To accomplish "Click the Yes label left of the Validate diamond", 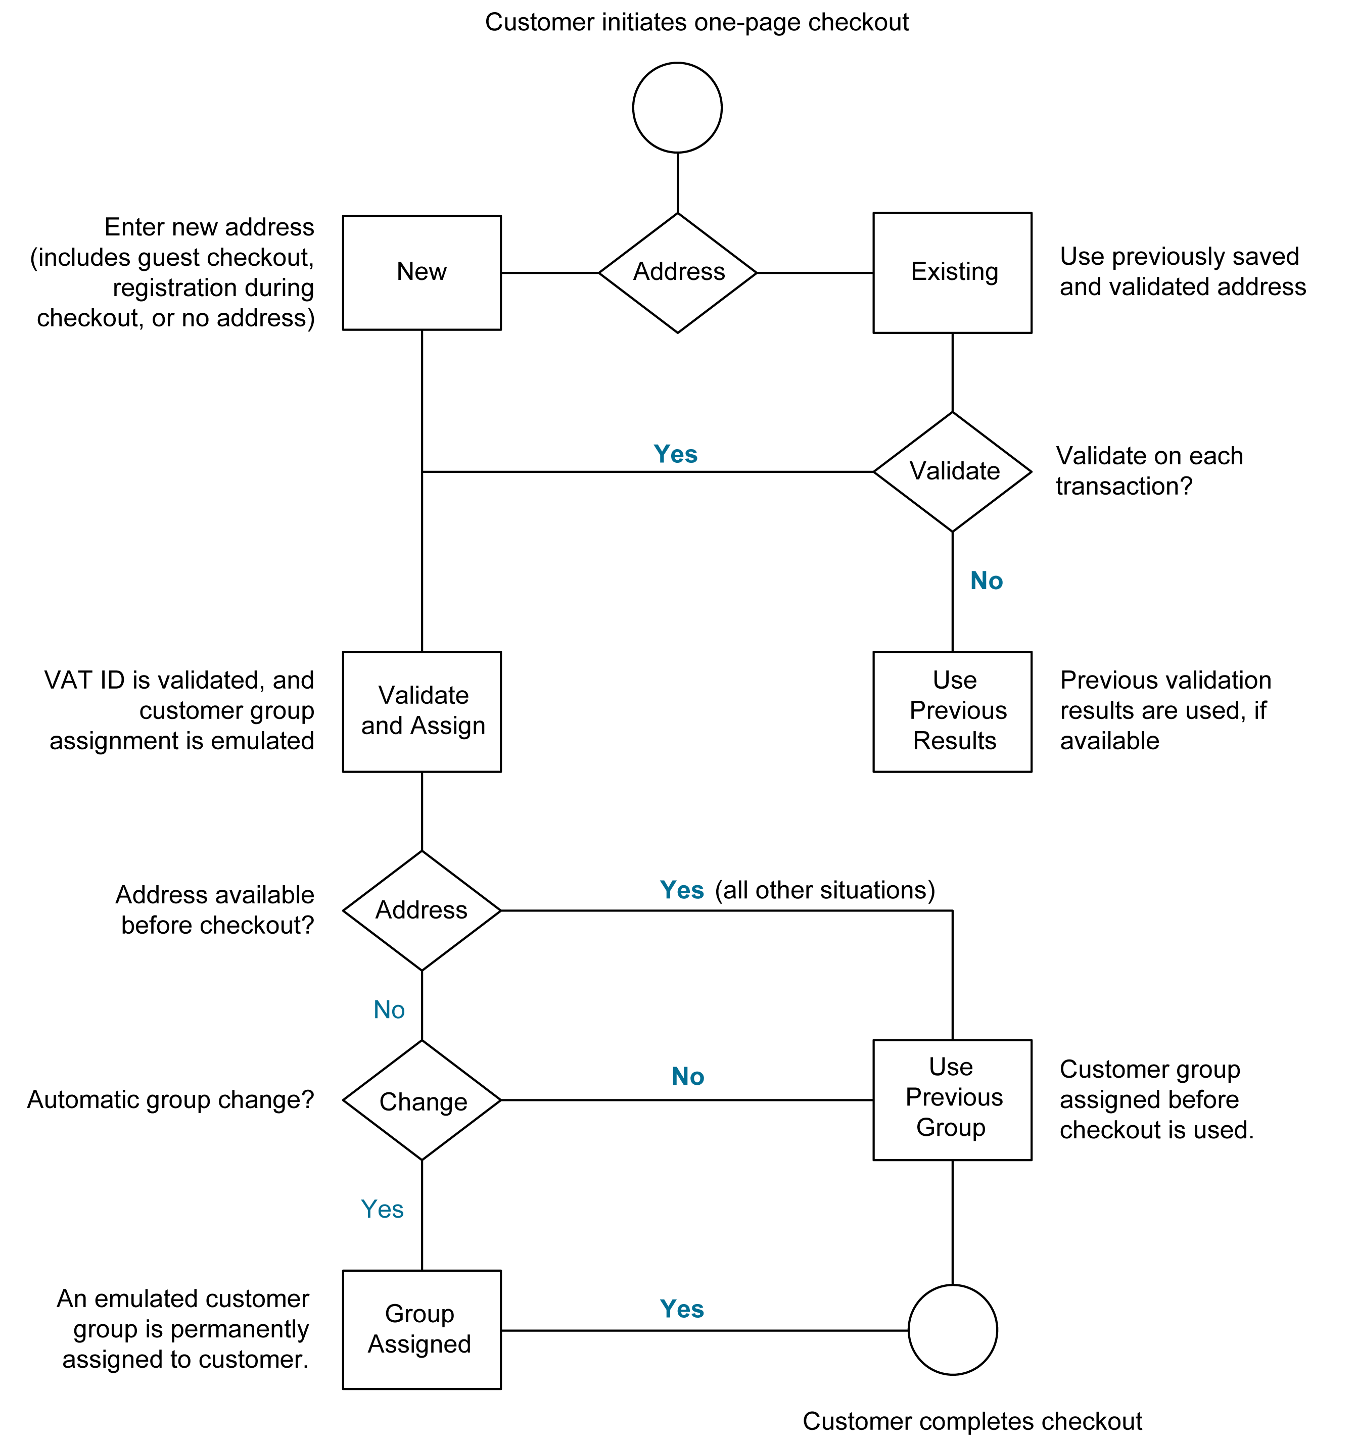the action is [x=675, y=454].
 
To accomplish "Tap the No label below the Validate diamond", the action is [x=986, y=581].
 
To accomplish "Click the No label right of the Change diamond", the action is [x=688, y=1077].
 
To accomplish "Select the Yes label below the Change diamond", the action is [x=382, y=1209].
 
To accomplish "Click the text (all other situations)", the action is [x=825, y=890].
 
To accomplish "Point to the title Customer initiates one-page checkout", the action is [x=696, y=23].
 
